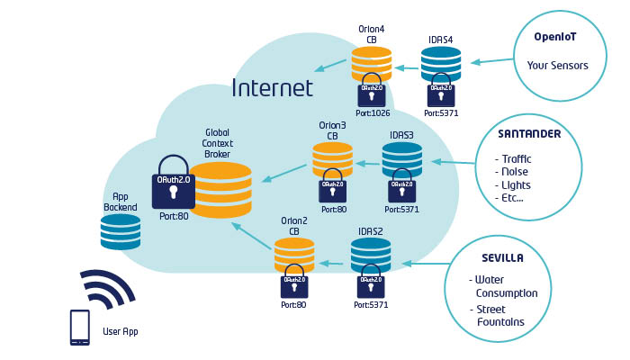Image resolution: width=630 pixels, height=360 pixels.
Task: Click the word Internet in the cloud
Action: [x=272, y=88]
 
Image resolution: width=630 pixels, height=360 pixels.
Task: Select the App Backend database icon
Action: [x=120, y=231]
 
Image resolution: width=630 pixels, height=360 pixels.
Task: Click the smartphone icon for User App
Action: [x=80, y=328]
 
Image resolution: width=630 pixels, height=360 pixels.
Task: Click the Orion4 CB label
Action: [x=371, y=34]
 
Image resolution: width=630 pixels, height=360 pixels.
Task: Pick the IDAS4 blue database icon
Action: [x=441, y=64]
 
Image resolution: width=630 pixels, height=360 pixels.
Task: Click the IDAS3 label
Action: [x=401, y=136]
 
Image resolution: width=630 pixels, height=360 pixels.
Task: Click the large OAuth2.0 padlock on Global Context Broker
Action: [x=173, y=184]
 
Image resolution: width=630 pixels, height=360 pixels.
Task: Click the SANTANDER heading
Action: [x=529, y=134]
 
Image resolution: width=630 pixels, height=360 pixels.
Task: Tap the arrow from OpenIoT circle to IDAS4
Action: [x=491, y=61]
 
